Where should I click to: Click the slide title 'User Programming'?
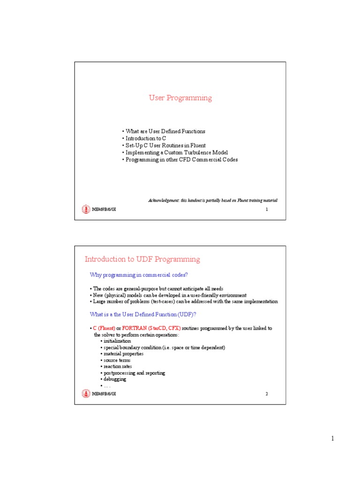point(180,98)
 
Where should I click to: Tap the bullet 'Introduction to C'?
point(145,139)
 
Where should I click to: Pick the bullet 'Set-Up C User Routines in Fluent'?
point(165,146)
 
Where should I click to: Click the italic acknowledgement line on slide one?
point(213,200)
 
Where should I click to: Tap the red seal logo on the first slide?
point(85,210)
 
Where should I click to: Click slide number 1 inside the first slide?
point(267,210)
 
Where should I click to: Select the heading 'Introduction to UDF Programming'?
point(142,259)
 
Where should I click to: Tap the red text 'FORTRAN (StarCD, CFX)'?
point(151,328)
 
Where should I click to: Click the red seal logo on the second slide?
point(85,394)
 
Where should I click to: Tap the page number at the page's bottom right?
point(332,439)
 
